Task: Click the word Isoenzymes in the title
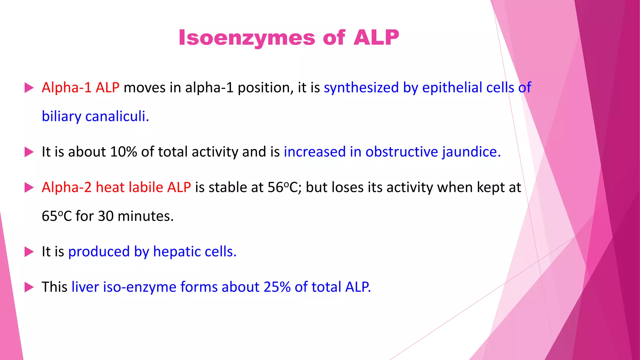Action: coord(246,38)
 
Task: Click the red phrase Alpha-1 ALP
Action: coord(80,87)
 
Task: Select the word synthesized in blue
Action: coord(361,87)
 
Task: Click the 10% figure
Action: coord(123,152)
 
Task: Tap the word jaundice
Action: coord(471,152)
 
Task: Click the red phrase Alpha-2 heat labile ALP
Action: coord(116,187)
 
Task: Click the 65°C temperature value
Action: coord(57,216)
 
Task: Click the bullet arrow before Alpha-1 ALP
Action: coord(29,88)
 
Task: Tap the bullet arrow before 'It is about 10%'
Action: coord(29,152)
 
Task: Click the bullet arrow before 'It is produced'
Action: coord(29,252)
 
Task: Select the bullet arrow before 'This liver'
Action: coord(29,287)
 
